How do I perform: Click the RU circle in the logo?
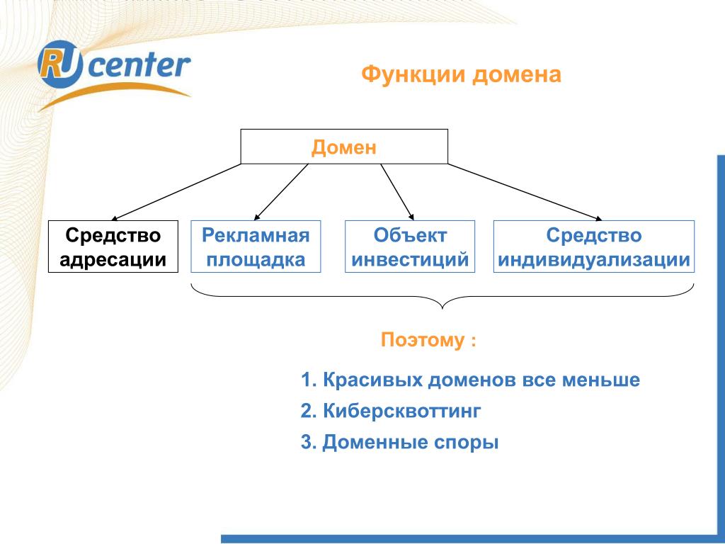(x=60, y=64)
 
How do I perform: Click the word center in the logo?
(x=139, y=65)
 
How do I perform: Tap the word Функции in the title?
(x=413, y=75)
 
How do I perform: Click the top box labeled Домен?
(x=344, y=147)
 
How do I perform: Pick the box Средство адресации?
(x=113, y=246)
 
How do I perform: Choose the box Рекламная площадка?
(x=256, y=246)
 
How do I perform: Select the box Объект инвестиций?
(x=410, y=246)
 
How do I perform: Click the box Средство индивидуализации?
(x=594, y=246)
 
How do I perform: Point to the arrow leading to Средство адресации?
(x=176, y=192)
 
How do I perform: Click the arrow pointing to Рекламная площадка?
(x=281, y=192)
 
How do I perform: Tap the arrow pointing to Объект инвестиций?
(x=397, y=192)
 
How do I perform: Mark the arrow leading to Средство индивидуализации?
(x=525, y=192)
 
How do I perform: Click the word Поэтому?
(x=423, y=340)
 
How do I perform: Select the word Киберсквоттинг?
(x=402, y=411)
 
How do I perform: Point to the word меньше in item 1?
(x=601, y=380)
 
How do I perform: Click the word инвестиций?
(x=410, y=259)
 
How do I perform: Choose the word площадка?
(x=256, y=259)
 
